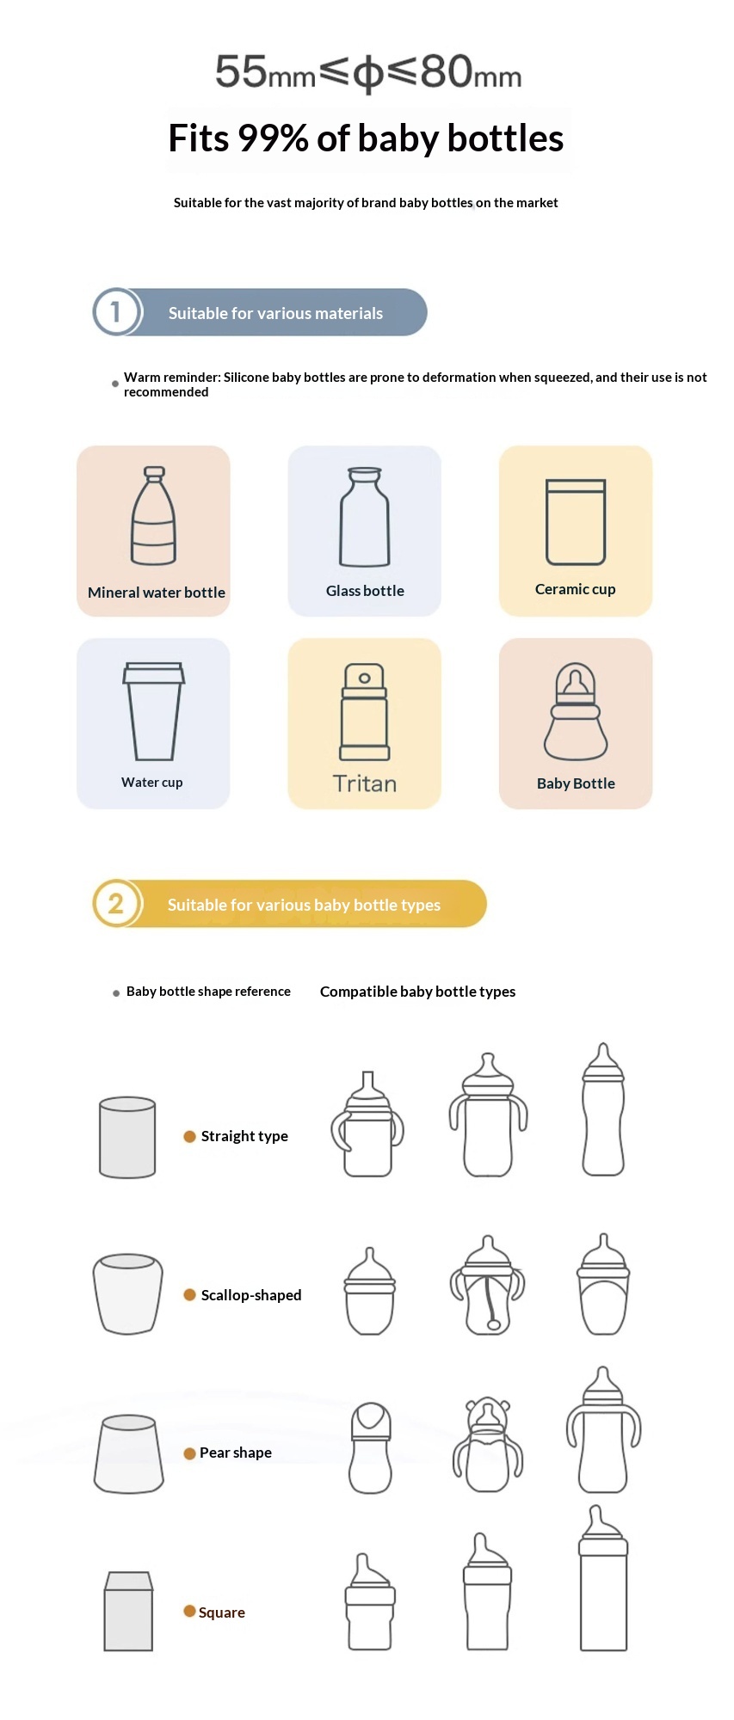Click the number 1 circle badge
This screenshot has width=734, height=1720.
click(116, 311)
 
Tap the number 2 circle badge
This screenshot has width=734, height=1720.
click(116, 903)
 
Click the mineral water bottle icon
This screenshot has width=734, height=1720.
click(154, 515)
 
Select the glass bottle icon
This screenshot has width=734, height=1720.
click(365, 517)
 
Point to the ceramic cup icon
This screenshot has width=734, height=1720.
click(576, 522)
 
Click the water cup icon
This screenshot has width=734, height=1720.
click(154, 711)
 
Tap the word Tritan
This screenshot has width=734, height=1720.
click(365, 783)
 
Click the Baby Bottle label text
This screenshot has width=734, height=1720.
click(576, 783)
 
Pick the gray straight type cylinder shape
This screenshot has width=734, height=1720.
click(127, 1137)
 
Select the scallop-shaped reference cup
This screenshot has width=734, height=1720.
click(127, 1294)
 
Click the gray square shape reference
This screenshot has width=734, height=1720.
click(128, 1612)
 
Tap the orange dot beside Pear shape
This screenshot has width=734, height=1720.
click(190, 1453)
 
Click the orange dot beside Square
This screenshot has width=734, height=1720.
click(189, 1611)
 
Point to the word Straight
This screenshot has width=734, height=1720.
click(227, 1136)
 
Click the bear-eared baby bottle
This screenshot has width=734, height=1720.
click(488, 1445)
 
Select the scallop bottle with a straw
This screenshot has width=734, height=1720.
click(487, 1285)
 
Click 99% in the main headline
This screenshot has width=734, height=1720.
click(273, 138)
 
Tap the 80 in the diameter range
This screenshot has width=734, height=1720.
click(447, 71)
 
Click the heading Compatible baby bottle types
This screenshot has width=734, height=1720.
click(418, 992)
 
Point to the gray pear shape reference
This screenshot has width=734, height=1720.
click(129, 1453)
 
